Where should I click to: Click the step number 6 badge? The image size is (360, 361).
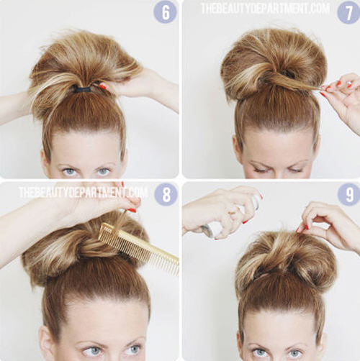coord(166,12)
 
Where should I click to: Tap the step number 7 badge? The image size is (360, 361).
coord(348,12)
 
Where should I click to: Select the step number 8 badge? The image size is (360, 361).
coord(166,194)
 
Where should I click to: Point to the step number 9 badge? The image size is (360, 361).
coord(349,195)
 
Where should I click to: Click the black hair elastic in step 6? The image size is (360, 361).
coord(82,90)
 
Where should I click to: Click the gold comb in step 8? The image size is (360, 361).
coord(139,247)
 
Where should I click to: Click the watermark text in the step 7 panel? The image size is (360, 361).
coord(265,9)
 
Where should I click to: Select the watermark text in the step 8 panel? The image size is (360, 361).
coord(83,193)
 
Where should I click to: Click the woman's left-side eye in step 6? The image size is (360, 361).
coord(69,172)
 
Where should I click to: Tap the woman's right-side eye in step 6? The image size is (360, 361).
coord(104,171)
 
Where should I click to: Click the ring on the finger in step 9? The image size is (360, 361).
coord(233,213)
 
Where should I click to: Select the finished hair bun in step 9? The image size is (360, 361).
coord(286,259)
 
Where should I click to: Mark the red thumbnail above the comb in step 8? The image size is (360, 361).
coord(132,211)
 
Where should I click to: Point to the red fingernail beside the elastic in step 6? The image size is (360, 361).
coord(102,86)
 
